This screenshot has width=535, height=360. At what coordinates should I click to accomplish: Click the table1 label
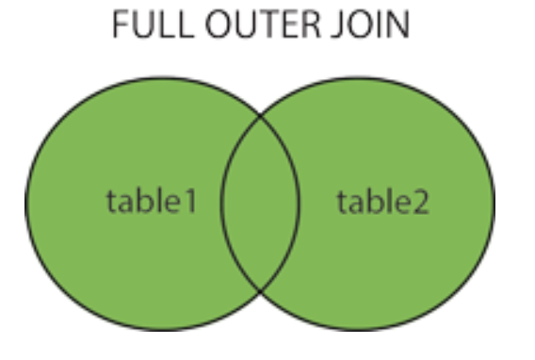pyautogui.click(x=152, y=201)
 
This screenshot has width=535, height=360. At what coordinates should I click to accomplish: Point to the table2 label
pyautogui.click(x=382, y=201)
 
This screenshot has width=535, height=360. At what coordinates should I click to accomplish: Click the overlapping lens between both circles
pyautogui.click(x=260, y=204)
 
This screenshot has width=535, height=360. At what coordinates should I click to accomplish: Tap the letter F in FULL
pyautogui.click(x=121, y=26)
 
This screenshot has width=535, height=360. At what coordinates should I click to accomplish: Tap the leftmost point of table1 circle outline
pyautogui.click(x=25, y=204)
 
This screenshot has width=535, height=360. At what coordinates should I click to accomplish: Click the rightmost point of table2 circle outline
pyautogui.click(x=494, y=204)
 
